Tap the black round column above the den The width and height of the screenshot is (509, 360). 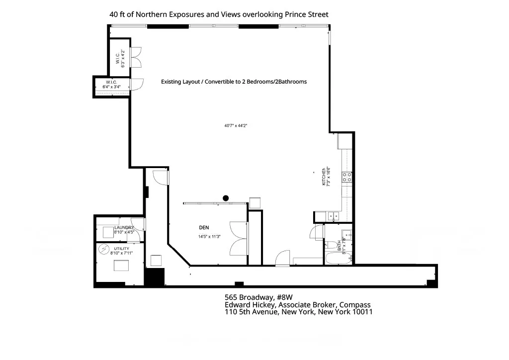226,198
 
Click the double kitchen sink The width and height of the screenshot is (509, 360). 334,216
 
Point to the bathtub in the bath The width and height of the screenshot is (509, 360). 339,258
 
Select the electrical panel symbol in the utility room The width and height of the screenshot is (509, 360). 105,249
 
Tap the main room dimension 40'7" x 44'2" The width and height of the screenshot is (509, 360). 236,126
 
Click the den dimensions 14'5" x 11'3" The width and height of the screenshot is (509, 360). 208,237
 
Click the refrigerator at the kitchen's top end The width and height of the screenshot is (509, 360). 345,141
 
